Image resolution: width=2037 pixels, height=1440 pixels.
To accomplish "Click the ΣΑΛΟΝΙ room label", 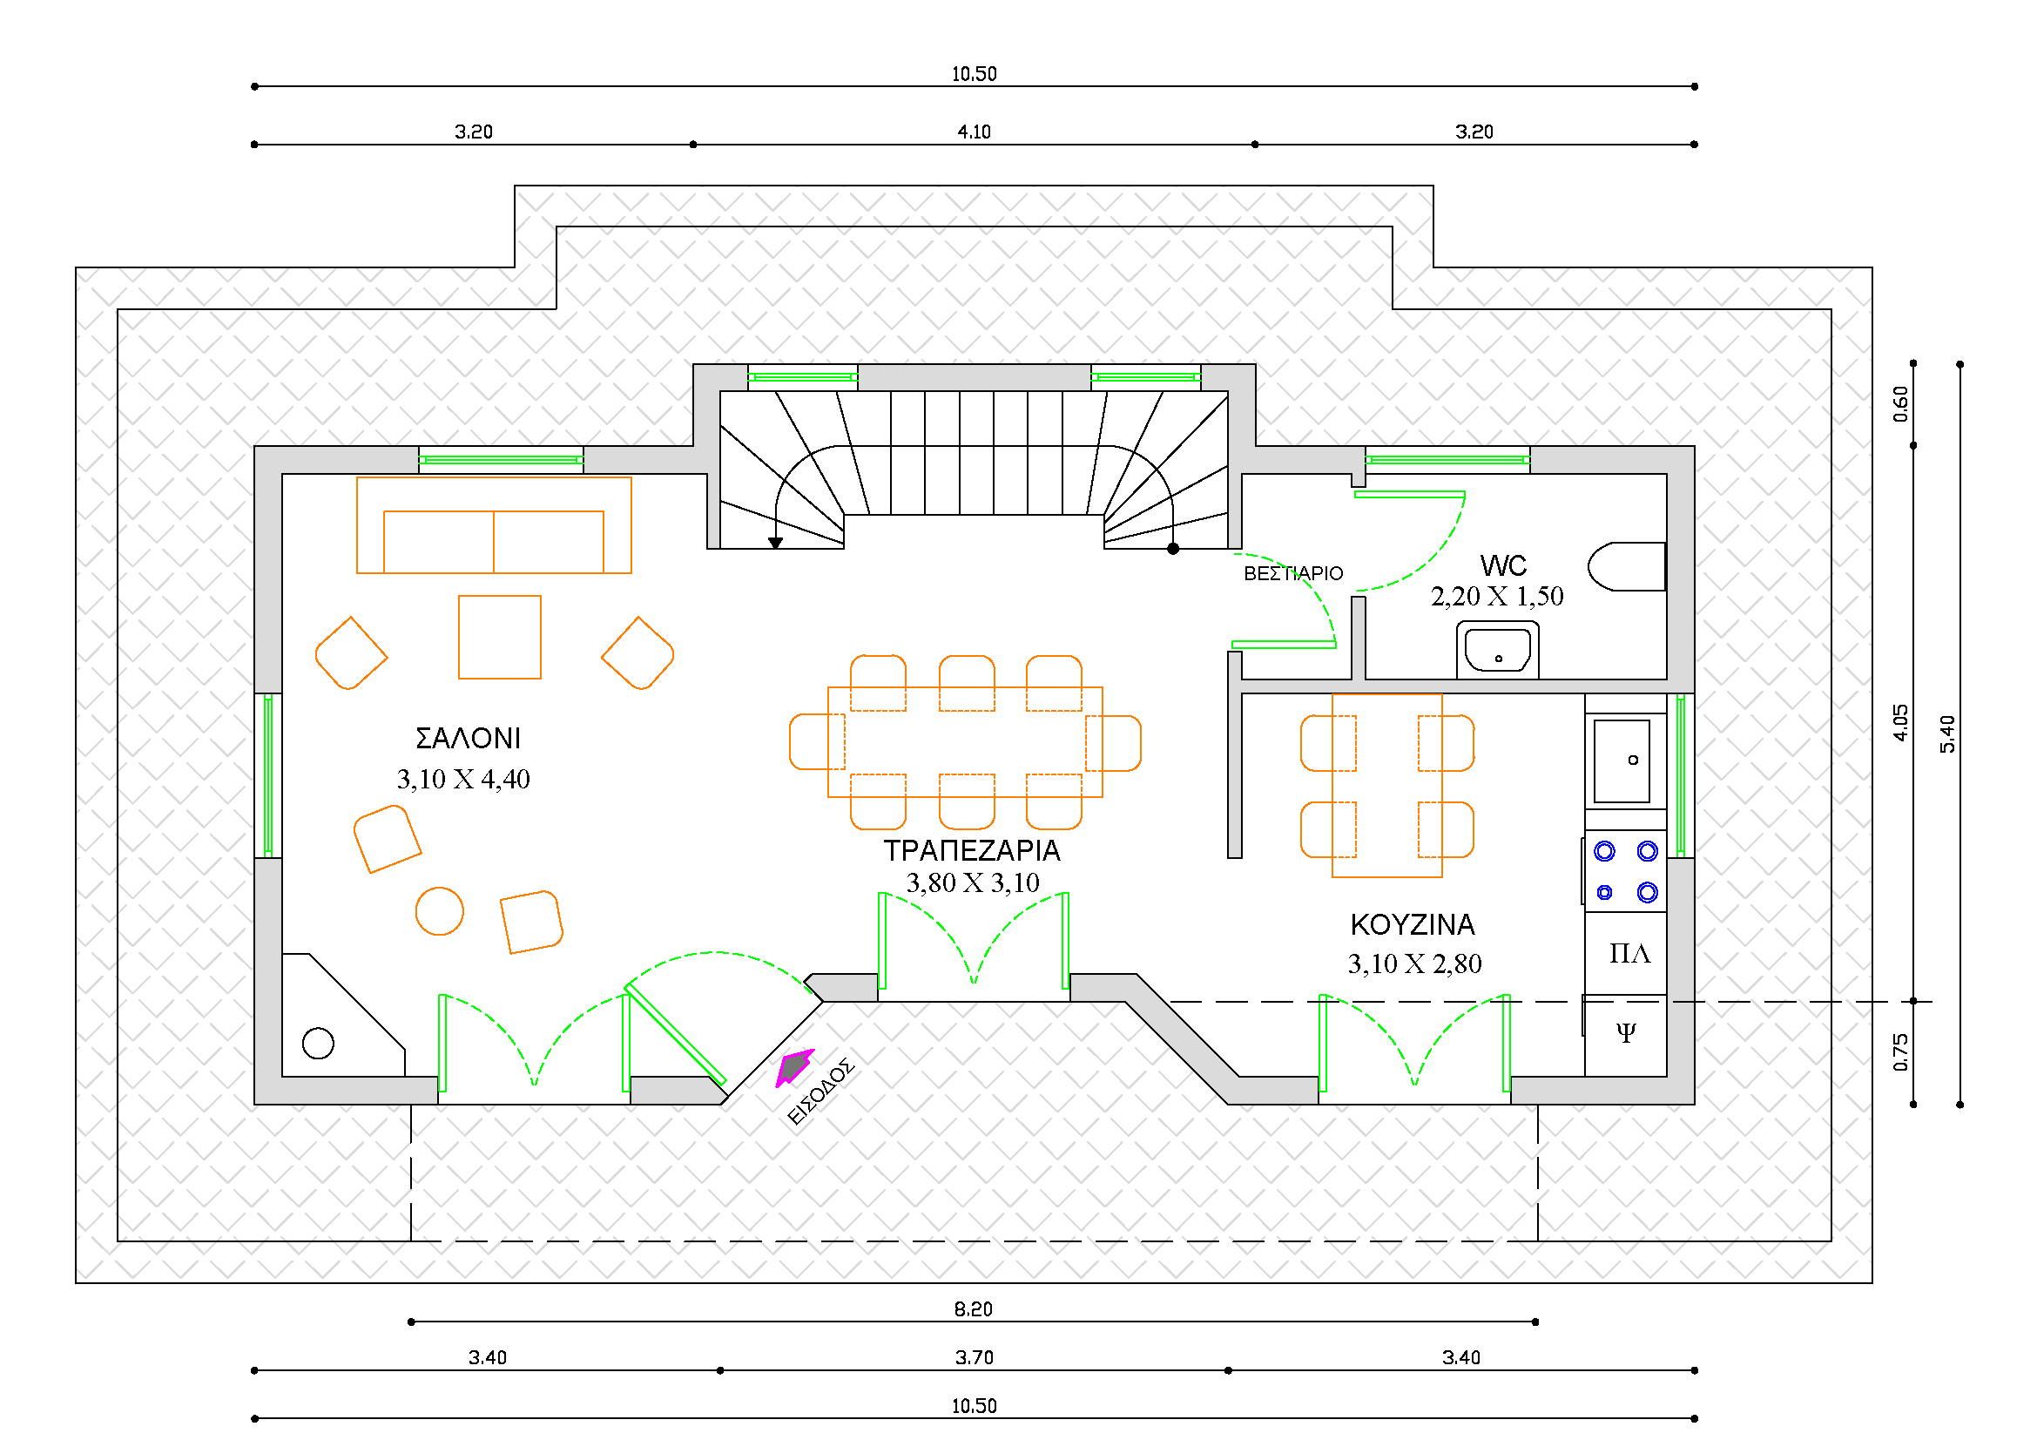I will [x=468, y=738].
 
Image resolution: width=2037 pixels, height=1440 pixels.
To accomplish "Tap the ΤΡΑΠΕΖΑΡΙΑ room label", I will [x=972, y=851].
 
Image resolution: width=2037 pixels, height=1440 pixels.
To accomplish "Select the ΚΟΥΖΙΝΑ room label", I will [x=1413, y=925].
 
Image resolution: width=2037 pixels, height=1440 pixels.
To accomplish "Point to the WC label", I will [x=1503, y=566].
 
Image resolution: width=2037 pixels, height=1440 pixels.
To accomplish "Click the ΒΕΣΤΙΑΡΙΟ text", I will [x=1292, y=574].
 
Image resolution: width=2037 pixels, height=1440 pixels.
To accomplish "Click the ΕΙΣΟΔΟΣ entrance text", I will [x=820, y=1092].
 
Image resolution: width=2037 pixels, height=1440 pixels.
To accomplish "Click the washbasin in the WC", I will [x=1498, y=651].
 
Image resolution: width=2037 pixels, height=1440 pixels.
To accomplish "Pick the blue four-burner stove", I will [x=1625, y=872].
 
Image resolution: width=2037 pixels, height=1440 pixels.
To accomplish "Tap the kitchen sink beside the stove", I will [x=1622, y=761].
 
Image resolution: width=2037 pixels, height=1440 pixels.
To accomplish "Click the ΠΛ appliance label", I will [x=1629, y=954].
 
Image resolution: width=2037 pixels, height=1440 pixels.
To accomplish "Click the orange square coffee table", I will [x=500, y=637].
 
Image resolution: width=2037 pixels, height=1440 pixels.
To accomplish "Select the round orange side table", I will [x=439, y=911].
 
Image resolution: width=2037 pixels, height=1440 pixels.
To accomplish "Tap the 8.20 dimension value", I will [x=974, y=1309].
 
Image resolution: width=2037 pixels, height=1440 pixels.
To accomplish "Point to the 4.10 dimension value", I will [x=974, y=132].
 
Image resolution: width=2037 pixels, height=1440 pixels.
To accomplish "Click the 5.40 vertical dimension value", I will [x=1947, y=734].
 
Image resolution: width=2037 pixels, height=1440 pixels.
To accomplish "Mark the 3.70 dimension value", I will [x=975, y=1358].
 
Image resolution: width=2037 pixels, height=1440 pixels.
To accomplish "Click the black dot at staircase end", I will [x=1173, y=549].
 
